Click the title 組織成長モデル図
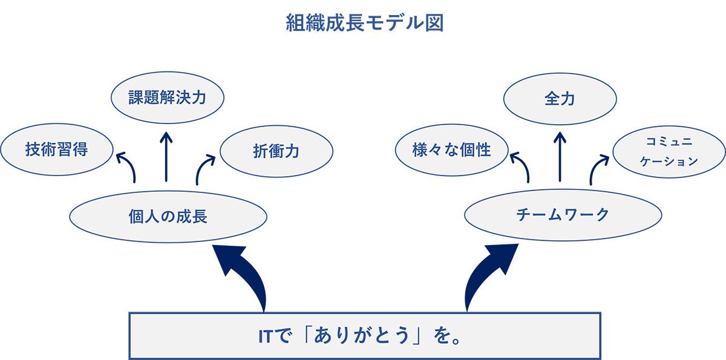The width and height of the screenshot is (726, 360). [x=365, y=23]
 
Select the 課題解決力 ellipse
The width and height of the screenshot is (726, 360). [x=168, y=97]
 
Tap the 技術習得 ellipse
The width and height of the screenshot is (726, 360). [x=57, y=149]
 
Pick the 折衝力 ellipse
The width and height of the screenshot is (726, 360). [x=276, y=151]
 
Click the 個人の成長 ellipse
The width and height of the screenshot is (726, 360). [x=168, y=217]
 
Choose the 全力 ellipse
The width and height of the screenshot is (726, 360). [x=560, y=99]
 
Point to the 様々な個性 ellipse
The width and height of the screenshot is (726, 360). [x=452, y=150]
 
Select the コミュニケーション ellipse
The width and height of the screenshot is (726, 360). [x=669, y=152]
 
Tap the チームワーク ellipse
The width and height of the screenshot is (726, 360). [x=563, y=215]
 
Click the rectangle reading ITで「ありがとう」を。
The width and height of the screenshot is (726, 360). [x=365, y=336]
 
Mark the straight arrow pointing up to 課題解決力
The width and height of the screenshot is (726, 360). [x=166, y=157]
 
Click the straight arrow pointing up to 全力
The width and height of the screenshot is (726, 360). [x=560, y=157]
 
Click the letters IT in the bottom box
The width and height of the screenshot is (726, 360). [x=265, y=336]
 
